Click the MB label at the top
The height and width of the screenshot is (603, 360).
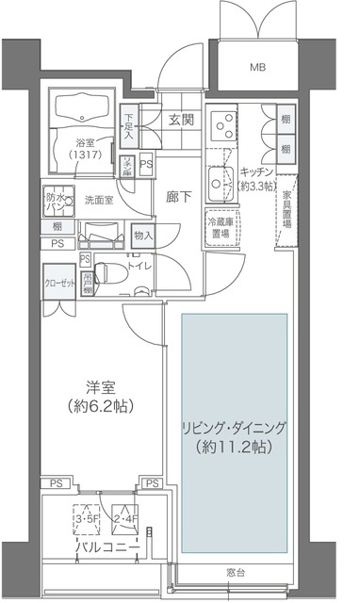tap(257, 67)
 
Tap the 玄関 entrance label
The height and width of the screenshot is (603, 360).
tap(182, 120)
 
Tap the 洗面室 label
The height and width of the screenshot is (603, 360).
tap(100, 200)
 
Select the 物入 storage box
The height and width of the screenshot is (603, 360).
tap(143, 235)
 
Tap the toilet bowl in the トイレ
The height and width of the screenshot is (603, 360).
tap(109, 268)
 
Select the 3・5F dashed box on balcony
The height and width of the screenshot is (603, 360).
tap(87, 517)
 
